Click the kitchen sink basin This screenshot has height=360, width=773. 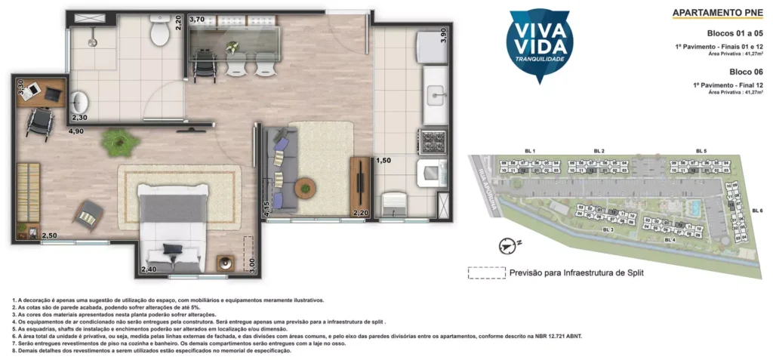coord(436,95)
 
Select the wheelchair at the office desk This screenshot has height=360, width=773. coord(38,119)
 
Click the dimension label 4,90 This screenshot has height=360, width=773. coord(75,131)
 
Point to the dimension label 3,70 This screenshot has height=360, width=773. coord(197,19)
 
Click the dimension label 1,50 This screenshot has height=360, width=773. coord(385,160)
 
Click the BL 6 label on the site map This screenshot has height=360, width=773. coord(757,209)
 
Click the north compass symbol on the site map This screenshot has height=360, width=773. coord(508,245)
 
